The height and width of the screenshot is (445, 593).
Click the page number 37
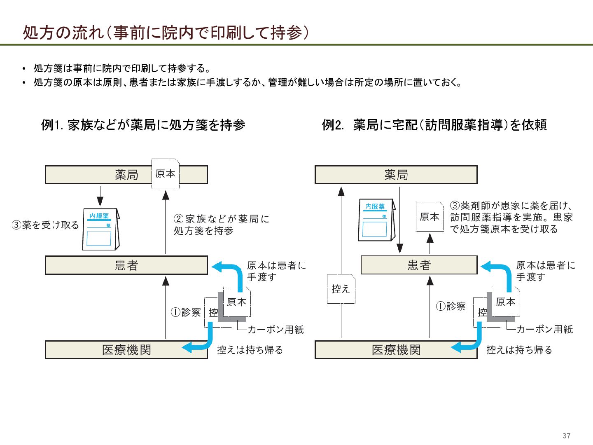(566, 436)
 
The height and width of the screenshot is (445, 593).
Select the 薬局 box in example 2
(396, 175)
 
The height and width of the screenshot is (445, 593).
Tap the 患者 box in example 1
(126, 265)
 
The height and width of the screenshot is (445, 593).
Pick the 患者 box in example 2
(419, 265)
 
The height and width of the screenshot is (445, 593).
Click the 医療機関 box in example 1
(126, 350)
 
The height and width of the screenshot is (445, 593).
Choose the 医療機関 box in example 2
(396, 350)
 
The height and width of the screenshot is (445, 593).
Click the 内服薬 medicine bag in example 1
(100, 229)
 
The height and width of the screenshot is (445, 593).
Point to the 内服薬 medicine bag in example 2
(376, 220)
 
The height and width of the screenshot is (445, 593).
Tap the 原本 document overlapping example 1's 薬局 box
(166, 173)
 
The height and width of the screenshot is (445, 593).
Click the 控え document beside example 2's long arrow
(341, 289)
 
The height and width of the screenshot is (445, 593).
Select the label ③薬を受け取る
(45, 225)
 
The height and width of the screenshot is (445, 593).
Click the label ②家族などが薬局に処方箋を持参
(221, 225)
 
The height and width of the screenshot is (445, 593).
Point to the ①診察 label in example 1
(186, 312)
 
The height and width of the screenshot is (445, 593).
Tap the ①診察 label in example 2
(451, 306)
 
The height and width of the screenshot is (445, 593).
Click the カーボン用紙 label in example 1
(275, 329)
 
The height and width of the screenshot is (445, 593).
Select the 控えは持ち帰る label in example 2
(519, 350)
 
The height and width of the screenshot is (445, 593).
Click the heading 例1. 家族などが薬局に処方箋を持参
(143, 124)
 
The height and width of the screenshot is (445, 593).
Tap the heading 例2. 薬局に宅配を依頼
(434, 124)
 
